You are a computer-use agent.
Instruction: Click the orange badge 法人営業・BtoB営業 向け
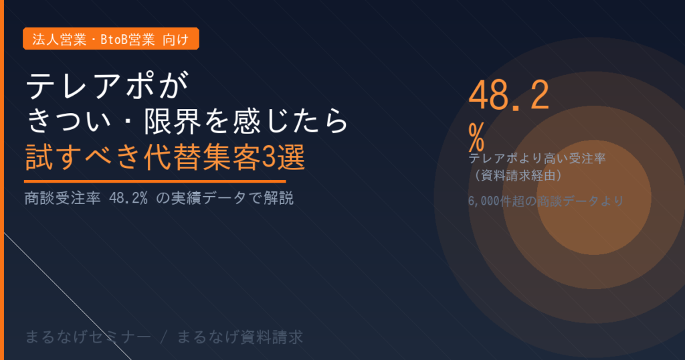[x=111, y=39]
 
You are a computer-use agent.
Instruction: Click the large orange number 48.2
[x=508, y=97]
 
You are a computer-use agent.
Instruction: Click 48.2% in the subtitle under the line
[x=127, y=199]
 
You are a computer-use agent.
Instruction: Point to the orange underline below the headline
[x=155, y=181]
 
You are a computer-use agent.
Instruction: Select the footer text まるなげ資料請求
[x=240, y=336]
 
